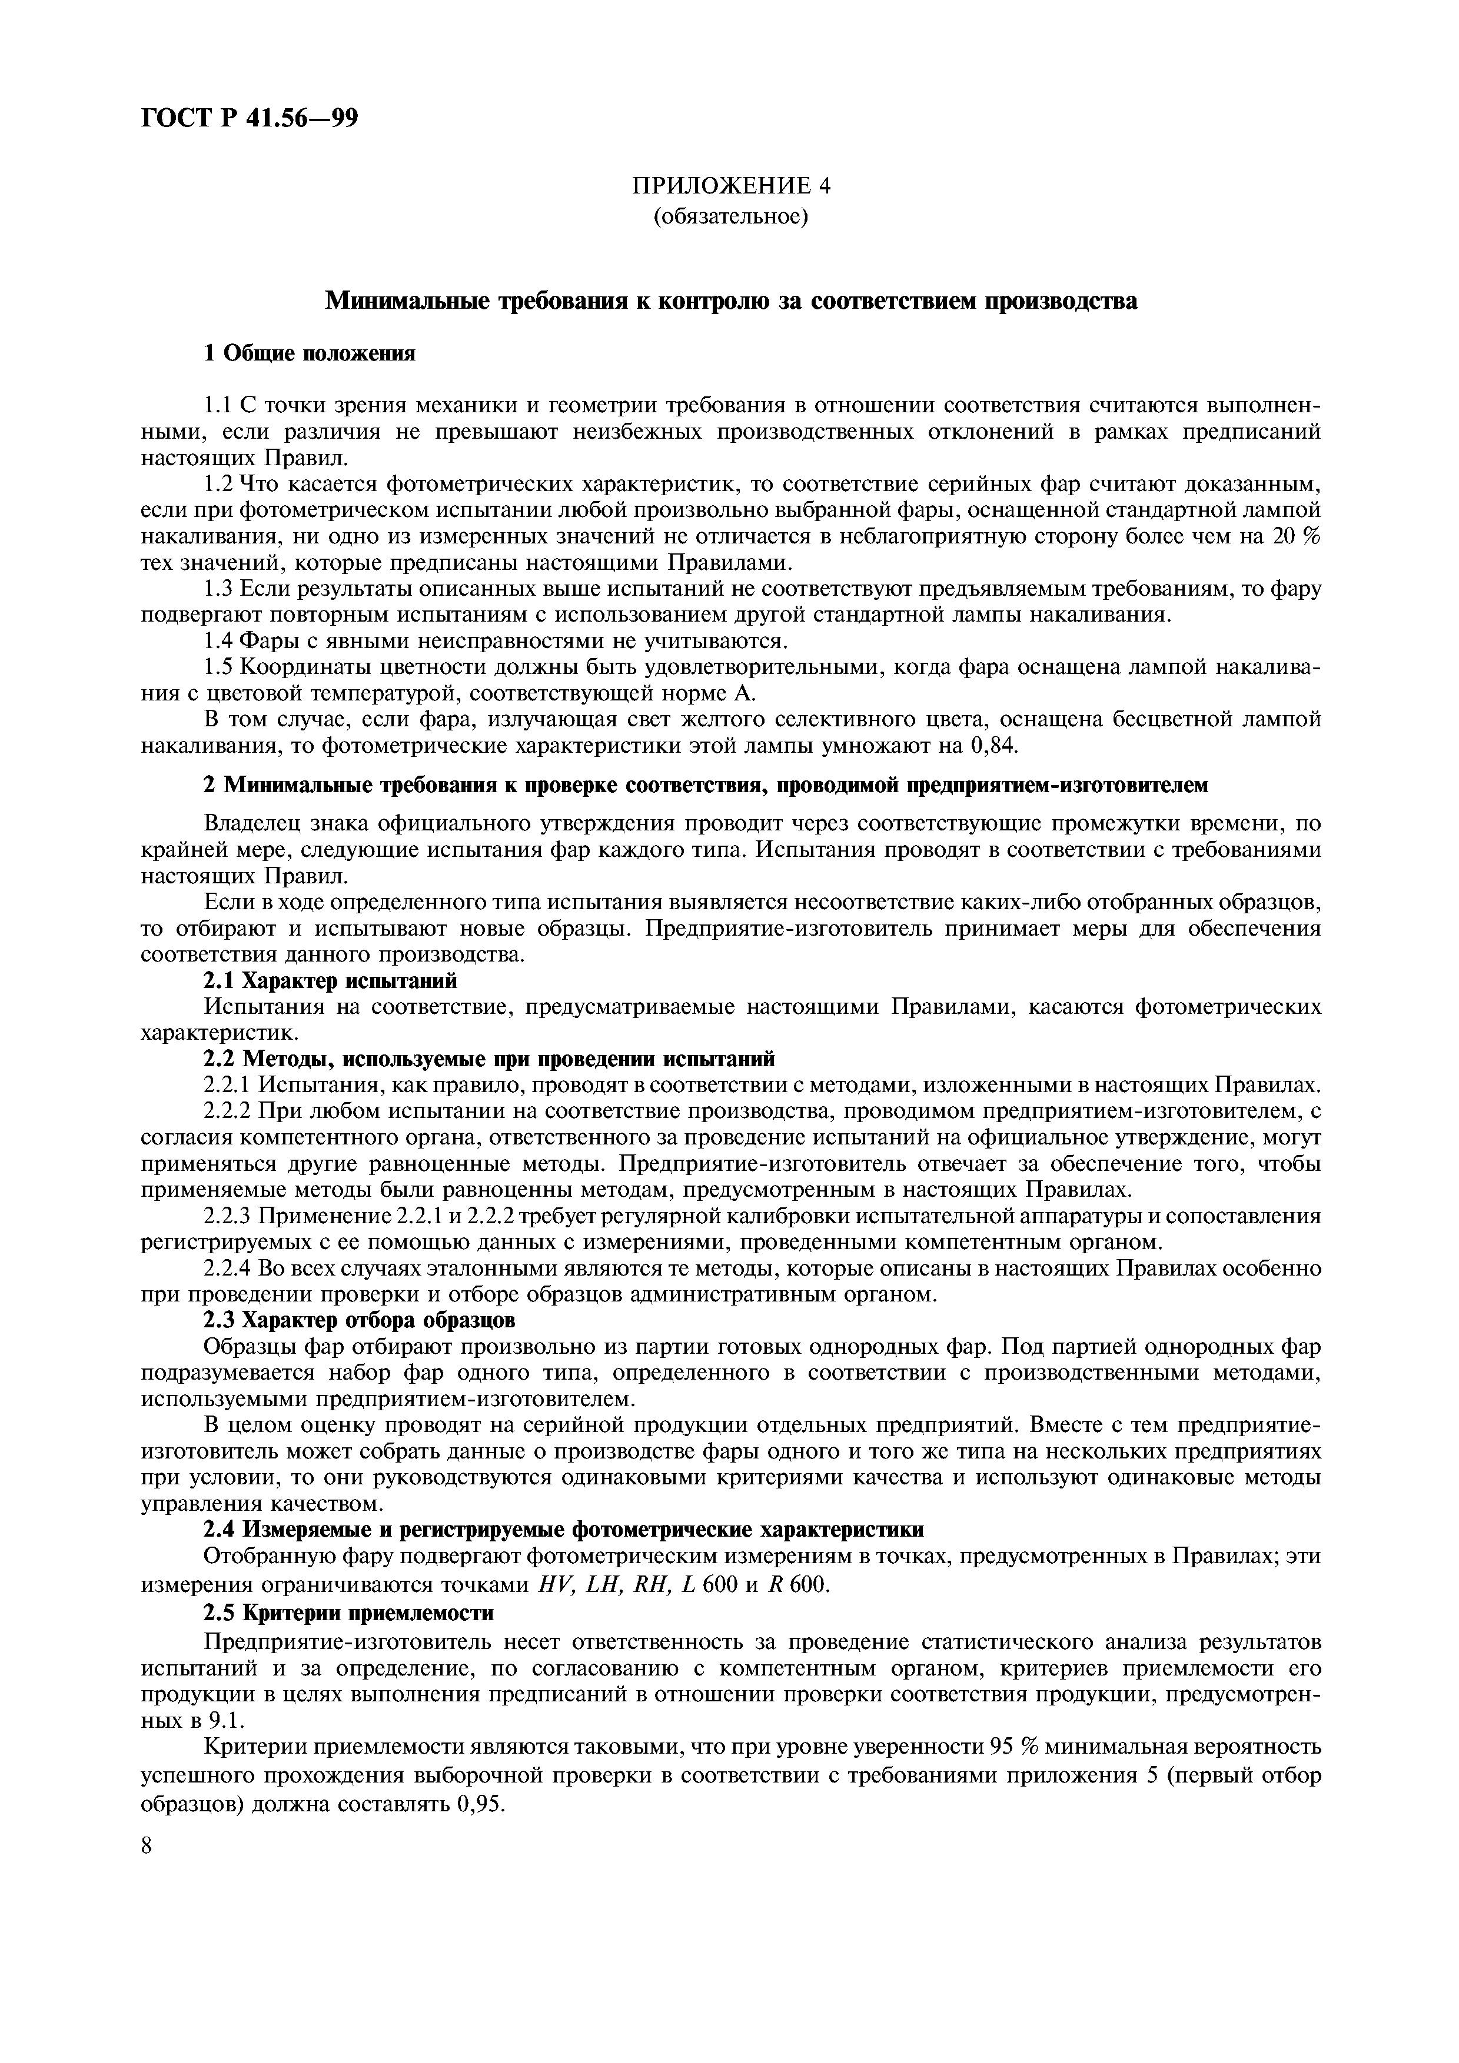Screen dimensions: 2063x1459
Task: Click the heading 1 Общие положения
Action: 310,353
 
